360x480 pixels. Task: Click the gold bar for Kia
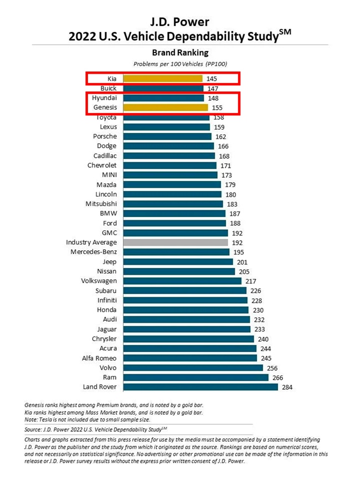(x=162, y=79)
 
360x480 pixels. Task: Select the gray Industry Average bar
(x=176, y=242)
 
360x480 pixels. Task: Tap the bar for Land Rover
(x=200, y=387)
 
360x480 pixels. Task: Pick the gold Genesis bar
(x=165, y=107)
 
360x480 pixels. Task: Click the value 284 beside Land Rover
(x=287, y=387)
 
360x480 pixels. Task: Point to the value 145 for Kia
(x=212, y=79)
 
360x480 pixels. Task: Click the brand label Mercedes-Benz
(x=94, y=252)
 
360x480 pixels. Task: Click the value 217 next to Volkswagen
(x=250, y=281)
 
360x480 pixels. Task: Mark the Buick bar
(x=163, y=89)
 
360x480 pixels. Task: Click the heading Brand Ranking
(x=180, y=53)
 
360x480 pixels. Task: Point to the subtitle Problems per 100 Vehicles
(x=180, y=64)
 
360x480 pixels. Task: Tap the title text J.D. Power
(x=180, y=22)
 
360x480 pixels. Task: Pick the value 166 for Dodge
(x=223, y=146)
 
